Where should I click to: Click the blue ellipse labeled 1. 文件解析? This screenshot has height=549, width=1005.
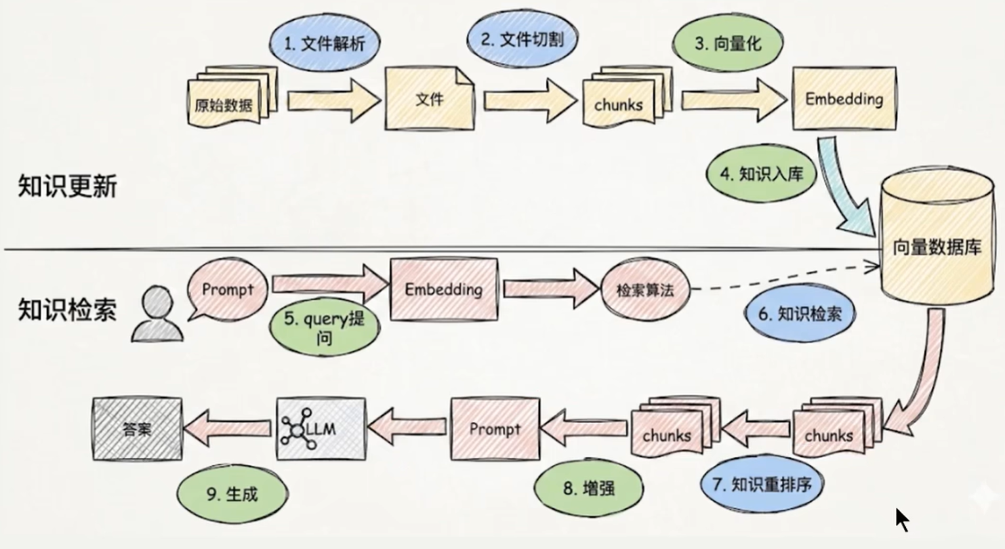coord(325,43)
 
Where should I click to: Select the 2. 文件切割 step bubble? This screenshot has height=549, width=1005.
coord(522,39)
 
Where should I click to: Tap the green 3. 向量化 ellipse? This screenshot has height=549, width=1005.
coord(728,43)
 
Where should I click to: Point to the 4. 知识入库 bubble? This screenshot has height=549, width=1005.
coord(762,174)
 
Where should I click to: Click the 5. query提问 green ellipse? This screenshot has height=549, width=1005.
coord(324,327)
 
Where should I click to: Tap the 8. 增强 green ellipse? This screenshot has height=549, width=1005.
coord(588,488)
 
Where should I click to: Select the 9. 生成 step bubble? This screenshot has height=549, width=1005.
coord(232,494)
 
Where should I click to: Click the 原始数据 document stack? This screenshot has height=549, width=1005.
coord(232,96)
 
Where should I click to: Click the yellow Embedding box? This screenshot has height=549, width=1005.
coord(844,98)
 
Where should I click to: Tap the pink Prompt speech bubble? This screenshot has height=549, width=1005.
coord(228,289)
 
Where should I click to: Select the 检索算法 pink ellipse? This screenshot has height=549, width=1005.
coord(645,289)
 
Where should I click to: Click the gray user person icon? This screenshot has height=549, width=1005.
coord(157,314)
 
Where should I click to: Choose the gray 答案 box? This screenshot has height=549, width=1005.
coord(137,429)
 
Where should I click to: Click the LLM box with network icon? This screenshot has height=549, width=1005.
coord(321,429)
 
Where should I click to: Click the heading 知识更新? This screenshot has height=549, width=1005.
coord(68,186)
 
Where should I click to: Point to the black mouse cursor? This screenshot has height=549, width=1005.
coord(902,520)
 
